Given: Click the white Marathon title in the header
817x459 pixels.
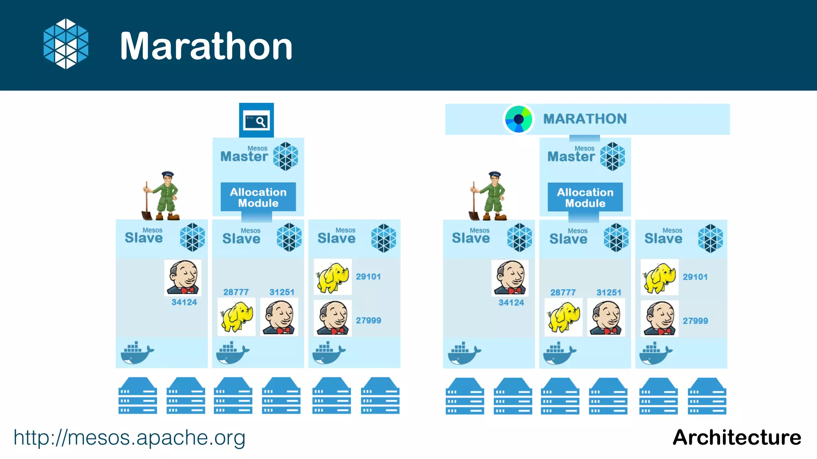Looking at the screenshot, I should click(206, 46).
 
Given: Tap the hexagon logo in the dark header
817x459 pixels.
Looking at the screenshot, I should click(66, 44).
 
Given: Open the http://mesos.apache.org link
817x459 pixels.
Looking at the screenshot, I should click(129, 437).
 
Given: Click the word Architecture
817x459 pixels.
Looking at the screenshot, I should click(736, 437).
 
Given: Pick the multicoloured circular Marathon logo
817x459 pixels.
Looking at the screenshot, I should click(518, 119).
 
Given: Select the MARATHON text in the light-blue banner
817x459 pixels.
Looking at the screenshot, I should click(585, 119).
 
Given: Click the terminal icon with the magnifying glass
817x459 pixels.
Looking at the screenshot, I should click(256, 121).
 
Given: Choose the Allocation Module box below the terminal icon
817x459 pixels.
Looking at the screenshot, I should click(258, 197).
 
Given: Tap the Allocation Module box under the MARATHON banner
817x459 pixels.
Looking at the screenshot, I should click(585, 197).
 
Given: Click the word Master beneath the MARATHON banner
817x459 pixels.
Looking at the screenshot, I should click(571, 157).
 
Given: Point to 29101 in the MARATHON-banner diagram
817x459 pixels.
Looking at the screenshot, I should click(695, 277).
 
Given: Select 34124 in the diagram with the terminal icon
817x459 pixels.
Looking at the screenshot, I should click(184, 302).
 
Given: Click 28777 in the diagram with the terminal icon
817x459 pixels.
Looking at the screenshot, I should click(236, 292).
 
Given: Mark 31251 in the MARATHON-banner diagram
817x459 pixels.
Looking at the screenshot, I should click(609, 292).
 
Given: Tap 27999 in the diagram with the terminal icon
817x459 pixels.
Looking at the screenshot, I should click(368, 320).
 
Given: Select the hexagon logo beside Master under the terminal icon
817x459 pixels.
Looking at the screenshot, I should click(286, 156).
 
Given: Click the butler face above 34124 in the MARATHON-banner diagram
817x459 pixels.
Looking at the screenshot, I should click(510, 278).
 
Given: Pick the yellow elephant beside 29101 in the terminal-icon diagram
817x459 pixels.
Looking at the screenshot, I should click(332, 277).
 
